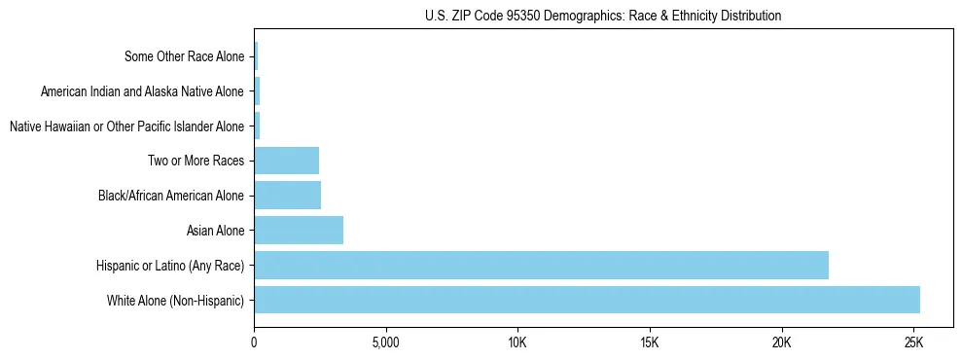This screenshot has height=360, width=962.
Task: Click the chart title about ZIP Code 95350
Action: point(603,16)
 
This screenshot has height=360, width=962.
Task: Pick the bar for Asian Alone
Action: point(299,231)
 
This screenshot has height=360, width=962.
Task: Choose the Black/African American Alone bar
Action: point(288,196)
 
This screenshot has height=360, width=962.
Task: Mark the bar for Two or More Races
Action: point(287,161)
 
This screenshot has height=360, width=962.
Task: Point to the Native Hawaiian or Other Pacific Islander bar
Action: point(257,126)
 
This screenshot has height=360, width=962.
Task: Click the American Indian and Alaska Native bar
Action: point(257,91)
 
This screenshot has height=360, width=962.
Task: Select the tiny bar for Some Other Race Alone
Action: point(256,56)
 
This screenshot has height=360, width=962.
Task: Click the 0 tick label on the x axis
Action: point(254,343)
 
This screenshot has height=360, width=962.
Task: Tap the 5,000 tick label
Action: point(386,343)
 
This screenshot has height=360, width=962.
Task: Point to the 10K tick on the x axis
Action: point(517,343)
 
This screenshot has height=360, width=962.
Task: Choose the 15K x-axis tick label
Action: point(650,343)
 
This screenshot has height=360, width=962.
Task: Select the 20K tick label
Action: point(781,343)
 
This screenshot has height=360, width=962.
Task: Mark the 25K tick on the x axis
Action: point(913,343)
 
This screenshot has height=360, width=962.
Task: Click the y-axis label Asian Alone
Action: point(216,231)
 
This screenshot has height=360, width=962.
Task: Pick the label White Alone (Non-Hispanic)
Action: point(176,300)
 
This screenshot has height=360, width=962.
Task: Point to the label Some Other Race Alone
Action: point(185,56)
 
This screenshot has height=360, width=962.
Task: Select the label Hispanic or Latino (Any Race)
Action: point(170,265)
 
